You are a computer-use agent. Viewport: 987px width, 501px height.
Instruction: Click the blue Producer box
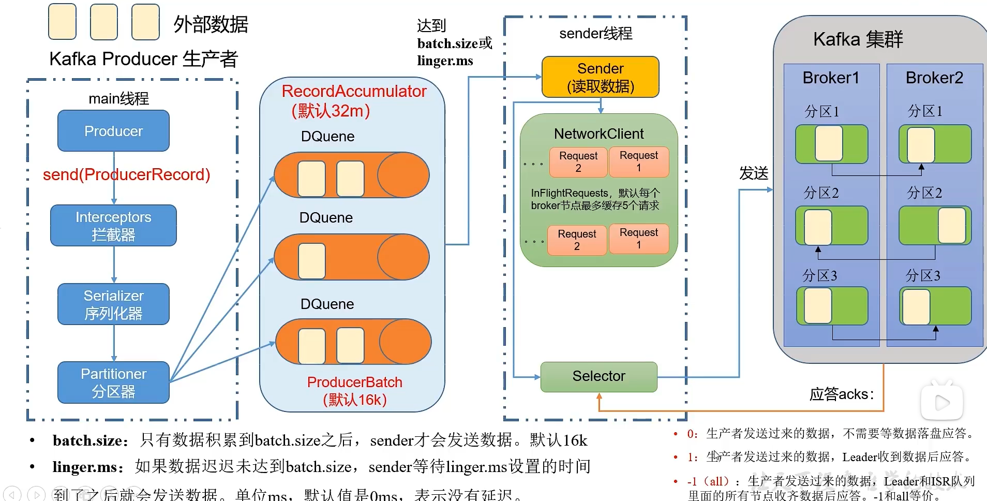(x=113, y=131)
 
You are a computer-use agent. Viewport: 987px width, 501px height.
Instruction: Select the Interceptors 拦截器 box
(x=113, y=226)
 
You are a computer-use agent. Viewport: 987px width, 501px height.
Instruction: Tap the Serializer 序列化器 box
(x=113, y=304)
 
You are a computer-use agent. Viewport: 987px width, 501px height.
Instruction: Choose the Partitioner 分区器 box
(x=113, y=382)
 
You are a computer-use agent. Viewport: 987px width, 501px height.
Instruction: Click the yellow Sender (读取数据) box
(x=600, y=77)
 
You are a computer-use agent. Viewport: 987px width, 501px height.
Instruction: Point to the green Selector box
(x=599, y=376)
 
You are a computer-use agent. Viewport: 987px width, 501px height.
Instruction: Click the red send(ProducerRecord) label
(x=126, y=175)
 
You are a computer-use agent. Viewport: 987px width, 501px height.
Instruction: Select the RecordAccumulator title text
(x=354, y=92)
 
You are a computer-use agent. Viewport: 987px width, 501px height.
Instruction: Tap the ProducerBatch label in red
(x=354, y=382)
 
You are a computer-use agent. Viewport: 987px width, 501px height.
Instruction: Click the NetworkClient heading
(x=599, y=134)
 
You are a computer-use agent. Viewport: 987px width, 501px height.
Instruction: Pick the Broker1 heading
(x=831, y=78)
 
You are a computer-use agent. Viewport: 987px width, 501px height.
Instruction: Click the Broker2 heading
(x=934, y=78)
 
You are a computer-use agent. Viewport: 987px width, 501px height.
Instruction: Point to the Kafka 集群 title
(x=858, y=39)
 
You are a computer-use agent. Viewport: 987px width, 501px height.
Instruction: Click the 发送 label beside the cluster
(x=754, y=173)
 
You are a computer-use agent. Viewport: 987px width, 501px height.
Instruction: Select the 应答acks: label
(x=842, y=394)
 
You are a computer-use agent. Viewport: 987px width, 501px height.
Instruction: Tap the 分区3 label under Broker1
(x=819, y=275)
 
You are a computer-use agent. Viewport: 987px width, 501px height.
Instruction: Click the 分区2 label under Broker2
(x=924, y=193)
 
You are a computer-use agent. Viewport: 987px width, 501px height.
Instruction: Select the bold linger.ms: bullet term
(x=88, y=467)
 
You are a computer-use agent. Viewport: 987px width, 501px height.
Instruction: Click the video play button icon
(x=942, y=403)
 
